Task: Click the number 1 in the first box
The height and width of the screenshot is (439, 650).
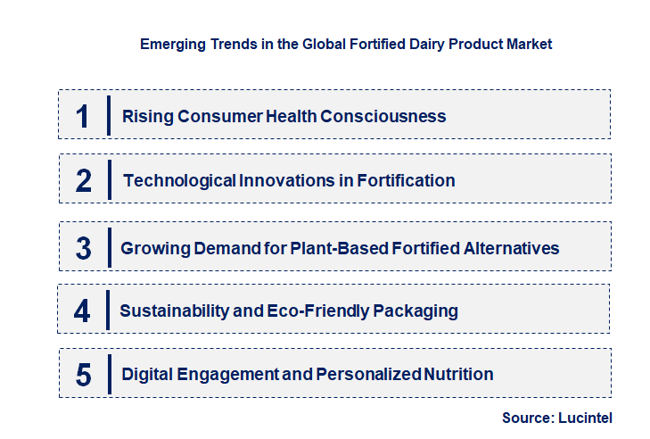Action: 83,116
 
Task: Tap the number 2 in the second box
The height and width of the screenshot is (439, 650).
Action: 84,181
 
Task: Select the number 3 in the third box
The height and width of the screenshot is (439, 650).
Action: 84,248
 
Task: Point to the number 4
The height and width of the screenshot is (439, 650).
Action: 83,311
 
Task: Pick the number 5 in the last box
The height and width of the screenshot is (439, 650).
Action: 84,375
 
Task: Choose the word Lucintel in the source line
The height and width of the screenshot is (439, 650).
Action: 584,417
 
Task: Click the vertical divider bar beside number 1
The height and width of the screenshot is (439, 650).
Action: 108,116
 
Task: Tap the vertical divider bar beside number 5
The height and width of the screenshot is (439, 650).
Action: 108,375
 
